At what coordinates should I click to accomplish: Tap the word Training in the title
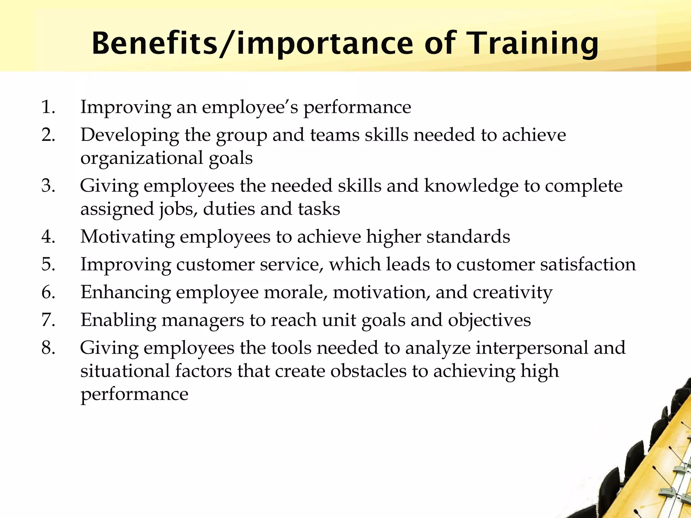tap(533, 44)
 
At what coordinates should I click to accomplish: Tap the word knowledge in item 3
tap(471, 186)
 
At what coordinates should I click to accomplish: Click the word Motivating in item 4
tap(127, 237)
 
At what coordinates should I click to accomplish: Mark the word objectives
tap(489, 320)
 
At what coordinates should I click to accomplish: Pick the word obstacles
tap(368, 371)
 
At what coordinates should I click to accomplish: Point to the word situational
tap(125, 371)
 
